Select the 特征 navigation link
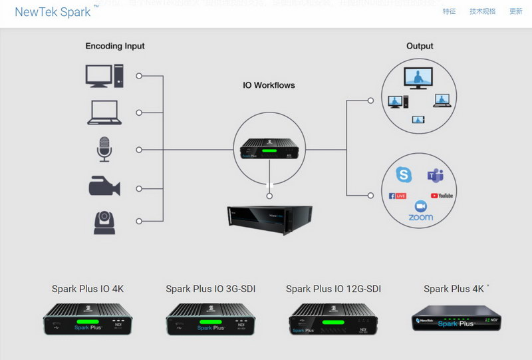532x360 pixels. pos(450,11)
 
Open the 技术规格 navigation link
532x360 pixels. pos(482,11)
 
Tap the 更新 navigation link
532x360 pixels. pos(515,11)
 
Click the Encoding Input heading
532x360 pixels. pos(115,46)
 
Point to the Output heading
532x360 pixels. pos(420,46)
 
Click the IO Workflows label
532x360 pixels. pos(269,85)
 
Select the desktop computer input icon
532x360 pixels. pos(104,76)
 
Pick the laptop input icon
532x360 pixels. pos(104,112)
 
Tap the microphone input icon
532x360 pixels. pos(104,149)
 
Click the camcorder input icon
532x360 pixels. pos(104,186)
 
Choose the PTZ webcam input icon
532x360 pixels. pos(104,222)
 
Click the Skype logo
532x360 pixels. pos(404,174)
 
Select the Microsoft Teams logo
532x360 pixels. pos(436,175)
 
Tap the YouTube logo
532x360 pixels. pos(442,196)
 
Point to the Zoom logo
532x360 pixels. pos(420,211)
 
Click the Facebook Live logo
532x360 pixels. pos(397,196)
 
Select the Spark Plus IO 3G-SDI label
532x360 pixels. pos(210,289)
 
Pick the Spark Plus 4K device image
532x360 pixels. pos(456,319)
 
